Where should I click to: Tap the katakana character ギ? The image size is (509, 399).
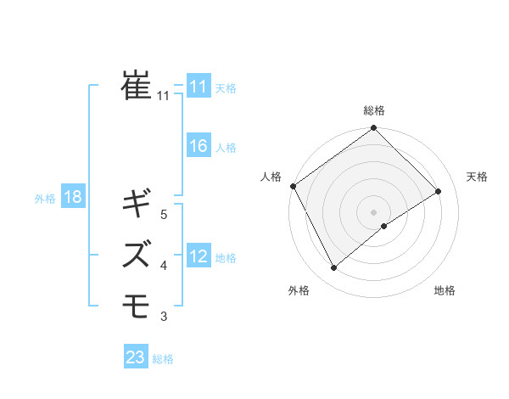137,205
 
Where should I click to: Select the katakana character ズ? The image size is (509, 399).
137,253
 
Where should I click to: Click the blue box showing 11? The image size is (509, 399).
198,86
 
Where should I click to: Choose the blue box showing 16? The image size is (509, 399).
198,146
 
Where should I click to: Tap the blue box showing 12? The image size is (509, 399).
198,256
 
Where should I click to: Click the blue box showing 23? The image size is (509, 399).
136,357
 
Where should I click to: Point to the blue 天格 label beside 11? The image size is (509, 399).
226,87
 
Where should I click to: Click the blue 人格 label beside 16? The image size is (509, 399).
226,148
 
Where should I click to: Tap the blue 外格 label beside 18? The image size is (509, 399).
45,199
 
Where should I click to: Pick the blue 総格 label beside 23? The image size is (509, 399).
163,359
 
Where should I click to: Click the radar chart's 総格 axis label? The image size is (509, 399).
373,110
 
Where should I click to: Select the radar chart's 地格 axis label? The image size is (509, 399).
445,290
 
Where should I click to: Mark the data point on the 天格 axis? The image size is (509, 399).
439,191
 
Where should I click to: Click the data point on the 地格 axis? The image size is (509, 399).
384,226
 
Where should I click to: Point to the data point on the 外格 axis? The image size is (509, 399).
333,267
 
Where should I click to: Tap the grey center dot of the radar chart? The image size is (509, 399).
373,211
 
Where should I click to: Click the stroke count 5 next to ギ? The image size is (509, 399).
164,215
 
